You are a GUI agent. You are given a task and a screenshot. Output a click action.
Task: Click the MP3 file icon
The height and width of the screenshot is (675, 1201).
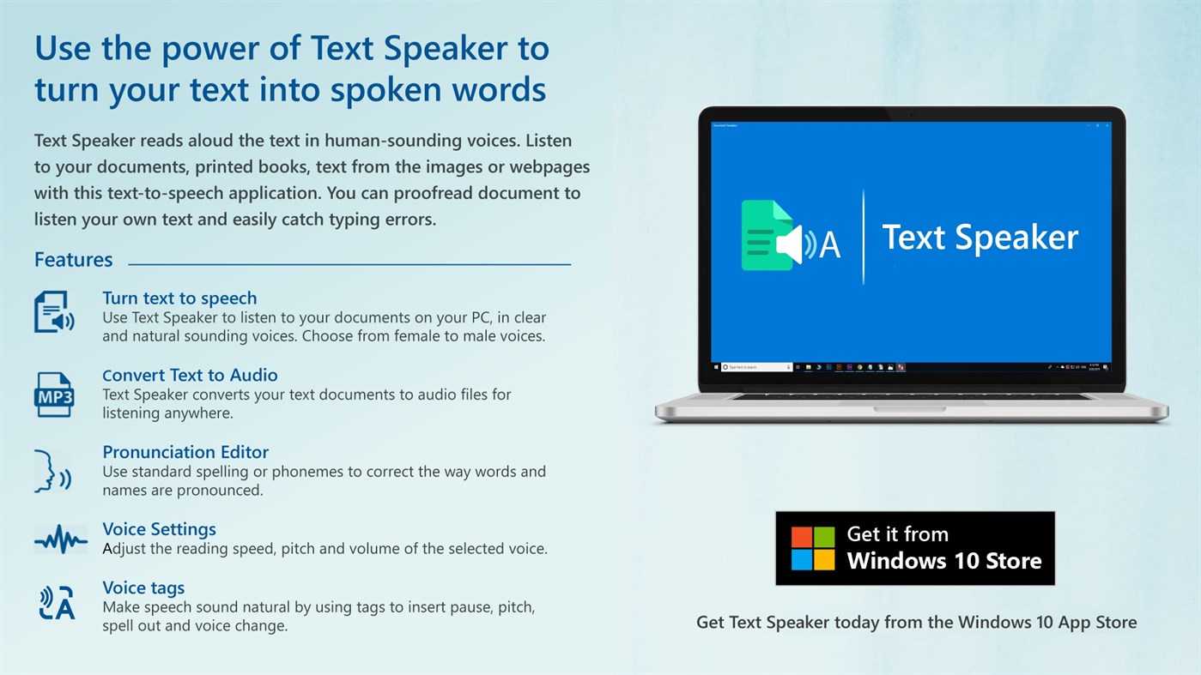coord(53,395)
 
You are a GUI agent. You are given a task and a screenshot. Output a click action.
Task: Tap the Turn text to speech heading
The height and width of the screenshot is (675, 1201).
coord(179,298)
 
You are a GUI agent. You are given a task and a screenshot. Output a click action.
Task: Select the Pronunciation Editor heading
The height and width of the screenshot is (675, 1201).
coord(185,452)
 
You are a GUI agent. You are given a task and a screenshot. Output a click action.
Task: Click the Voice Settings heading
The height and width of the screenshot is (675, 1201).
coord(159,529)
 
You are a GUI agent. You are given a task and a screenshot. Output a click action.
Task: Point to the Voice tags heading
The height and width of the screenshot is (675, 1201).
coord(143,588)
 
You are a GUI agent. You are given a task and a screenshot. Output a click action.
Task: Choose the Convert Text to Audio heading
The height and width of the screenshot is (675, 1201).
coord(190,375)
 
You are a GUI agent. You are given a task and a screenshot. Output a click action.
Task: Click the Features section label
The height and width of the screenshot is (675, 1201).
coord(73,260)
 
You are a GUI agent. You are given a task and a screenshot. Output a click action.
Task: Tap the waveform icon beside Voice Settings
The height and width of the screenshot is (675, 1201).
coord(60,540)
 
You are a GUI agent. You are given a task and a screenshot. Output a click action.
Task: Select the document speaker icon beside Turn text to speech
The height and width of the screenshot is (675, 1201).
coord(53,311)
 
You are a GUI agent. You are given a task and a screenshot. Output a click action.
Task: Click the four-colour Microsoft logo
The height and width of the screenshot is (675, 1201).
coord(812,549)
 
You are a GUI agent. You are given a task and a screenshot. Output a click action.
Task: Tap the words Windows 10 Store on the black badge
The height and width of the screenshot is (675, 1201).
coord(944,562)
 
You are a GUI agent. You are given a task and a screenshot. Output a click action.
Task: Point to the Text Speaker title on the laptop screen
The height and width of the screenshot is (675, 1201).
coord(980,238)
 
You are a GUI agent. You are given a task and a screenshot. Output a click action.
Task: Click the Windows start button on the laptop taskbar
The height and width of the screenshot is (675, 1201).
coord(716,367)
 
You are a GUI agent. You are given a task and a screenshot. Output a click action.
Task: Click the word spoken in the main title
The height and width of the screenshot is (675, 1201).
coord(385,89)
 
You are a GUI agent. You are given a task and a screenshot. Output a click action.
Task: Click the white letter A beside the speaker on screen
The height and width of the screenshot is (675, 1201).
coord(829,245)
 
